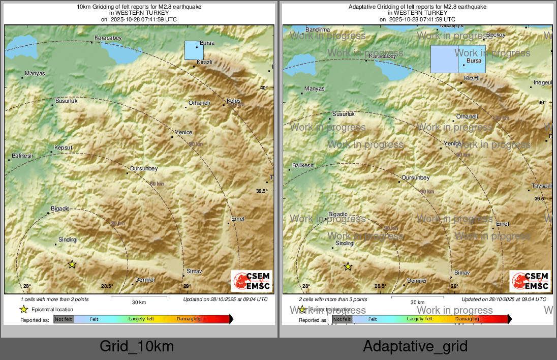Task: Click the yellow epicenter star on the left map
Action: [72, 264]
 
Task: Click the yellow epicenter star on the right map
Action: [348, 266]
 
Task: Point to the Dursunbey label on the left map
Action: [144, 168]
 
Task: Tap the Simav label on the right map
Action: [462, 273]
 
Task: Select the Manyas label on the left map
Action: [35, 73]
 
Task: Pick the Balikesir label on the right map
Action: [303, 166]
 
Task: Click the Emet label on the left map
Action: [238, 219]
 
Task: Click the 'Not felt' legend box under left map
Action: [64, 319]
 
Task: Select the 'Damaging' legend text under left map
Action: [189, 319]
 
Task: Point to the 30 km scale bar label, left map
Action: [139, 302]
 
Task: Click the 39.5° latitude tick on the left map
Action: [261, 191]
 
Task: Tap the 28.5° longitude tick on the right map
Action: [380, 286]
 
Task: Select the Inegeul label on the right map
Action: [542, 82]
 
